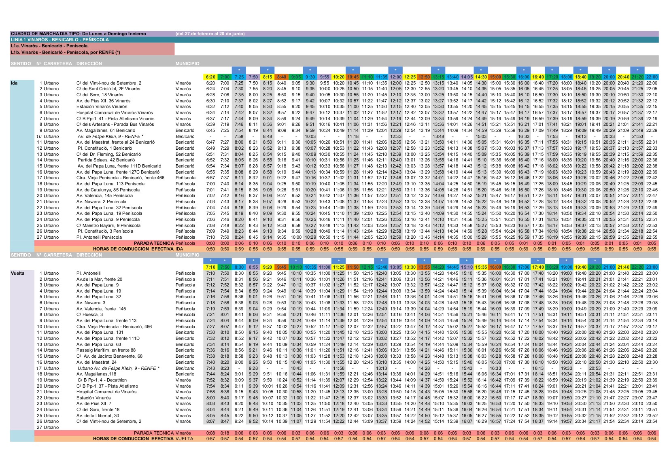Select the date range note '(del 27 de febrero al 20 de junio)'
[x=210, y=34]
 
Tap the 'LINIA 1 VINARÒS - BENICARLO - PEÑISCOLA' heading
[x=60, y=40]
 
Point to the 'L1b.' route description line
[x=66, y=52]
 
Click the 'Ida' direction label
[x=14, y=83]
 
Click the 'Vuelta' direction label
[x=17, y=273]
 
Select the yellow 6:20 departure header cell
[x=210, y=77]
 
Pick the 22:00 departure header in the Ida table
[x=652, y=77]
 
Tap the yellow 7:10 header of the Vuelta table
[x=210, y=267]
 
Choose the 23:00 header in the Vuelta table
[x=652, y=267]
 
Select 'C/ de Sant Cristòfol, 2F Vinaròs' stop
[x=108, y=89]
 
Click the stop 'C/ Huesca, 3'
[x=89, y=314]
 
